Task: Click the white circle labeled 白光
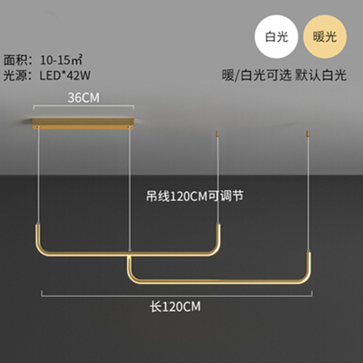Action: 277,37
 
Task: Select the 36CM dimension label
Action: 83,98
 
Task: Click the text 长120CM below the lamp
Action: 175,307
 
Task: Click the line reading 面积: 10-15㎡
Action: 43,59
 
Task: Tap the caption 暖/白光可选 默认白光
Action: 284,75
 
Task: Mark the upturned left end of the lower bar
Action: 130,265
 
